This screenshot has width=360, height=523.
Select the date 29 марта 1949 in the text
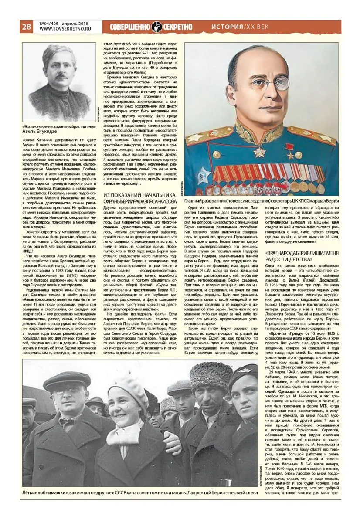point(290,372)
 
